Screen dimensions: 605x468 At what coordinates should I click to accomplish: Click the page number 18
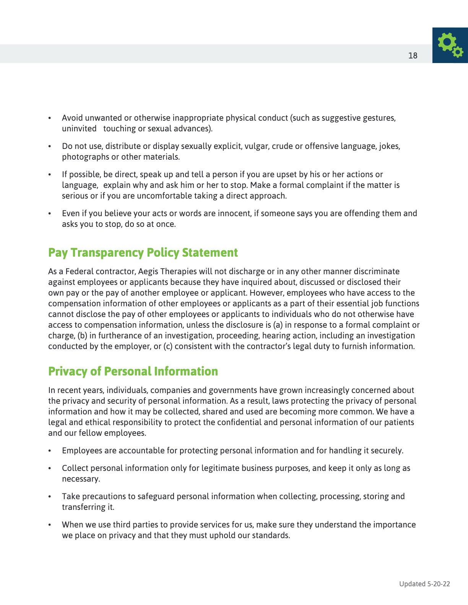click(x=413, y=55)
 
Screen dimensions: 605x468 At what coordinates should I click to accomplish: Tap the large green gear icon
click(x=447, y=42)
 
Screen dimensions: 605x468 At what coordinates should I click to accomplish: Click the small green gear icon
click(x=457, y=52)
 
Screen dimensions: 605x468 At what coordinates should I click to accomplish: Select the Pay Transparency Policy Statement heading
click(x=143, y=252)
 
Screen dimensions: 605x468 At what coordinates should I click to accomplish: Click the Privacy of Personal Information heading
click(x=133, y=371)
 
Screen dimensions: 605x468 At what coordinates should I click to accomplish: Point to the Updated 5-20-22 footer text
click(x=424, y=584)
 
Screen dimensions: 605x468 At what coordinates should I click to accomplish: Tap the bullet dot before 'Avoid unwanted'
click(x=50, y=118)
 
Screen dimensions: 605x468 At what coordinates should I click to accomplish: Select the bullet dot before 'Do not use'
click(x=50, y=146)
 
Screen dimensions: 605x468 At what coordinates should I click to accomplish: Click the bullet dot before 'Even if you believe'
click(x=50, y=214)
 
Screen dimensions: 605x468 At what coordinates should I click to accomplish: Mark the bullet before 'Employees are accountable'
click(x=50, y=451)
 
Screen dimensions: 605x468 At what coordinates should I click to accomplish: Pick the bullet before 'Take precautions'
click(x=50, y=497)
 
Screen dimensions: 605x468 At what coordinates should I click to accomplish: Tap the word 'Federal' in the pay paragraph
click(x=79, y=272)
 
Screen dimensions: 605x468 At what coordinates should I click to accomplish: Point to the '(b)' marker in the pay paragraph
click(x=82, y=336)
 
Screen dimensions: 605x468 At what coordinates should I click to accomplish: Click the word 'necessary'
click(x=80, y=479)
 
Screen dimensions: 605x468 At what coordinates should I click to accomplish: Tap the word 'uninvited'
click(x=79, y=129)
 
